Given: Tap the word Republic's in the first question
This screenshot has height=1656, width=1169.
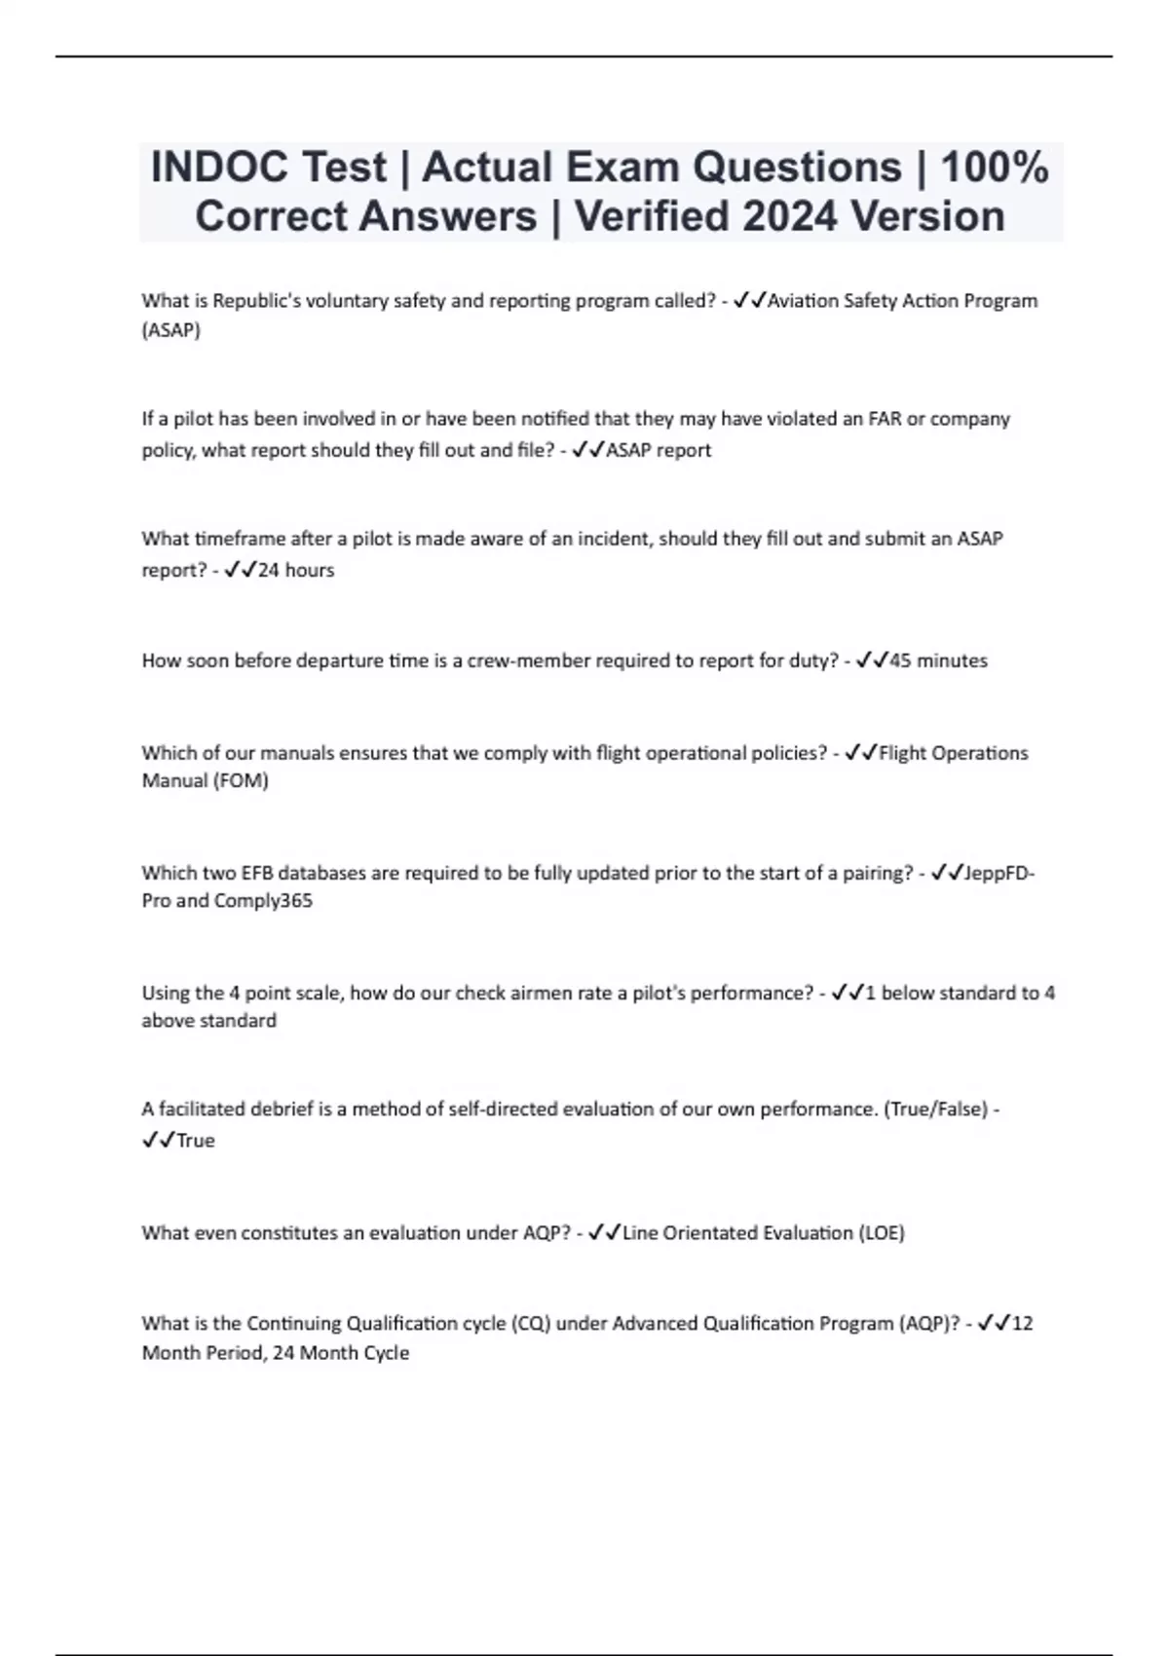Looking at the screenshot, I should point(256,300).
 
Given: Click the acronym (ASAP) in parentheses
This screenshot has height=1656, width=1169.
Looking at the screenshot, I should point(171,330).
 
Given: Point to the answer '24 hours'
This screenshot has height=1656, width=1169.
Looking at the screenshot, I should point(296,570).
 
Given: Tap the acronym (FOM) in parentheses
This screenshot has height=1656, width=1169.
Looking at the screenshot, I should point(240,780).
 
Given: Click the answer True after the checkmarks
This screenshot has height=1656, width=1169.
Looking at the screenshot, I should point(196,1141).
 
